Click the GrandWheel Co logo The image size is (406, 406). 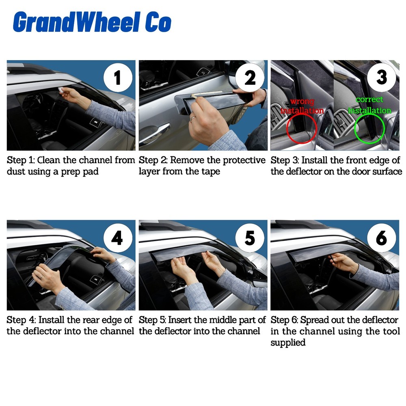pos(92,22)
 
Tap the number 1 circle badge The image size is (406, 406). pos(117,77)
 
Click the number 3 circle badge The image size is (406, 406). pos(381,77)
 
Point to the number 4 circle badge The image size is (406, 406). pos(117,238)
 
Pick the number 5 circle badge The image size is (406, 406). pos(250,238)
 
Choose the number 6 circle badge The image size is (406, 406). pos(381,238)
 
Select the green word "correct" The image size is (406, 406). pos(369,99)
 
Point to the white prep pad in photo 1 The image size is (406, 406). pos(61,90)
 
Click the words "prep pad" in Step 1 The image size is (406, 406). pos(80,172)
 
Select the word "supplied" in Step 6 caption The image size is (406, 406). pos(288,343)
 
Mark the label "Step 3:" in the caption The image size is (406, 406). pos(284,160)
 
